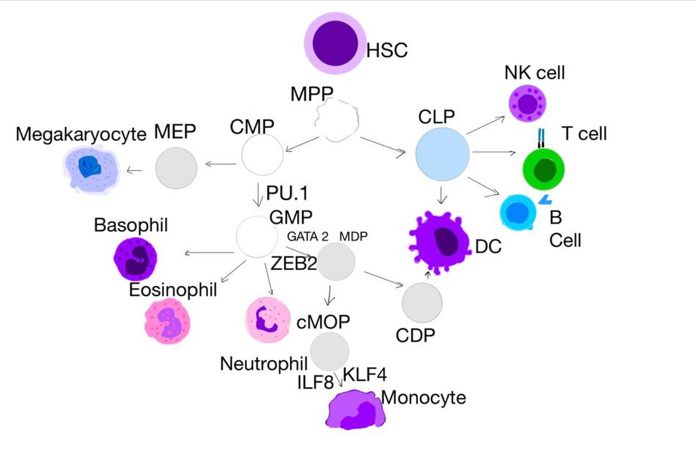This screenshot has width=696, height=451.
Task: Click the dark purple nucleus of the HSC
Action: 335,43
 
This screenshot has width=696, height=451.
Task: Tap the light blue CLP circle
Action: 443,154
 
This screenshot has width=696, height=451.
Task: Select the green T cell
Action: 544,170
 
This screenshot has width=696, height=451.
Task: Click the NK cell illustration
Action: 527,103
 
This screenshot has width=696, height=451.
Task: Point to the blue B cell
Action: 518,212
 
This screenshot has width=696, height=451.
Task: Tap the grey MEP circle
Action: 176,168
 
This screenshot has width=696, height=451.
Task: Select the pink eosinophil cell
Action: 167,321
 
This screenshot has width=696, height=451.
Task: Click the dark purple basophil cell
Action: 135,259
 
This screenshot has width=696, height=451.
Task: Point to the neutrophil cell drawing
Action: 268,320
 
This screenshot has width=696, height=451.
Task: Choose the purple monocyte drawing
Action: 356,410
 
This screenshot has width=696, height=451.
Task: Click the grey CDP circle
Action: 422,303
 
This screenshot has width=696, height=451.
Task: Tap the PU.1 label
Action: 287,193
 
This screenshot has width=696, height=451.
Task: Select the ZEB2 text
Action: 294,264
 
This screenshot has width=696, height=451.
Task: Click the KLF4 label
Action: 365,374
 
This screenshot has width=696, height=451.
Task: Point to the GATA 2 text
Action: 308,237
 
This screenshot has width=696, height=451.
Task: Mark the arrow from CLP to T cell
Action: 494,152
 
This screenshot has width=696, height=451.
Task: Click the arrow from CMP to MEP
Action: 221,164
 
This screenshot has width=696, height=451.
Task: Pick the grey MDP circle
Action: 336,261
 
